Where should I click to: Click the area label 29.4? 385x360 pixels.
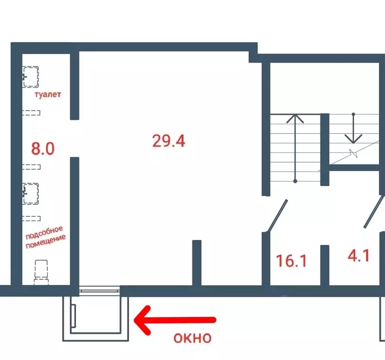[x=169, y=141]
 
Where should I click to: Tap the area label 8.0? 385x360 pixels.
[x=43, y=149]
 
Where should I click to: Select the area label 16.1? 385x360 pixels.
[x=292, y=261]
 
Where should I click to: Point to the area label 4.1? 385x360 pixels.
[x=358, y=255]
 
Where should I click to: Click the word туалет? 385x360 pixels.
[x=48, y=94]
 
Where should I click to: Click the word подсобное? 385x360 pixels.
[x=44, y=232]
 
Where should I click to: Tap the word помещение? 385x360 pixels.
[x=45, y=241]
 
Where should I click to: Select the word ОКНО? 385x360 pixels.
[x=192, y=338]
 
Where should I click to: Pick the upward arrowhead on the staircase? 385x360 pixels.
[x=295, y=118]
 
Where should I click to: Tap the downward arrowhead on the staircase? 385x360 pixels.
[x=353, y=139]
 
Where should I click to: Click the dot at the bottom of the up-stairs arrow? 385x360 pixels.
[x=295, y=181]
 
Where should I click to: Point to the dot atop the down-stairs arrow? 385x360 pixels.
[x=353, y=114]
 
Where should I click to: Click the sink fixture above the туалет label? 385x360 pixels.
[x=30, y=77]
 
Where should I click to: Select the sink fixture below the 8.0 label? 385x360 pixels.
[x=30, y=194]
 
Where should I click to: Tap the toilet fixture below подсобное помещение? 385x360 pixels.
[x=41, y=272]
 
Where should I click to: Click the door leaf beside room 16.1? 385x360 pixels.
[x=278, y=215]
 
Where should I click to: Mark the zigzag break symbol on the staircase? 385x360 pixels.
[x=353, y=154]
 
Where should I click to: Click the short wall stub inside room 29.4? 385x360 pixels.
[x=196, y=263]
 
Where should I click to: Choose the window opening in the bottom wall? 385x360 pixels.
[x=99, y=291]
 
